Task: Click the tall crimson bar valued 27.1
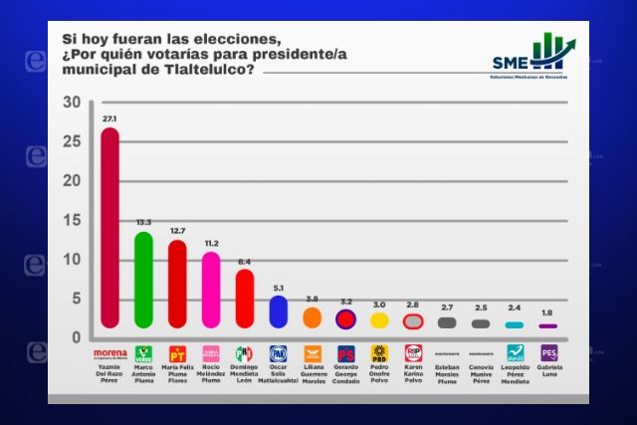109,228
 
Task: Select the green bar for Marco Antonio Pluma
143,280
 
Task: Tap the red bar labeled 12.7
177,284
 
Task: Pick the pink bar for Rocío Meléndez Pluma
210,290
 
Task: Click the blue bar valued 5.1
279,312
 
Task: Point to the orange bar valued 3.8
312,318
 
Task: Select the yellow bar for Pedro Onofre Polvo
379,320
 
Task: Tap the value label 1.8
547,314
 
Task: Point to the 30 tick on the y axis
71,103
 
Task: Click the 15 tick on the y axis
71,220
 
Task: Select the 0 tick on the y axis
76,337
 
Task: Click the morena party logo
109,352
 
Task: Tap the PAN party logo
279,353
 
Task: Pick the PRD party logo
379,353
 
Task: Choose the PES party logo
548,353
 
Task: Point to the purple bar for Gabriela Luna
547,326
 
